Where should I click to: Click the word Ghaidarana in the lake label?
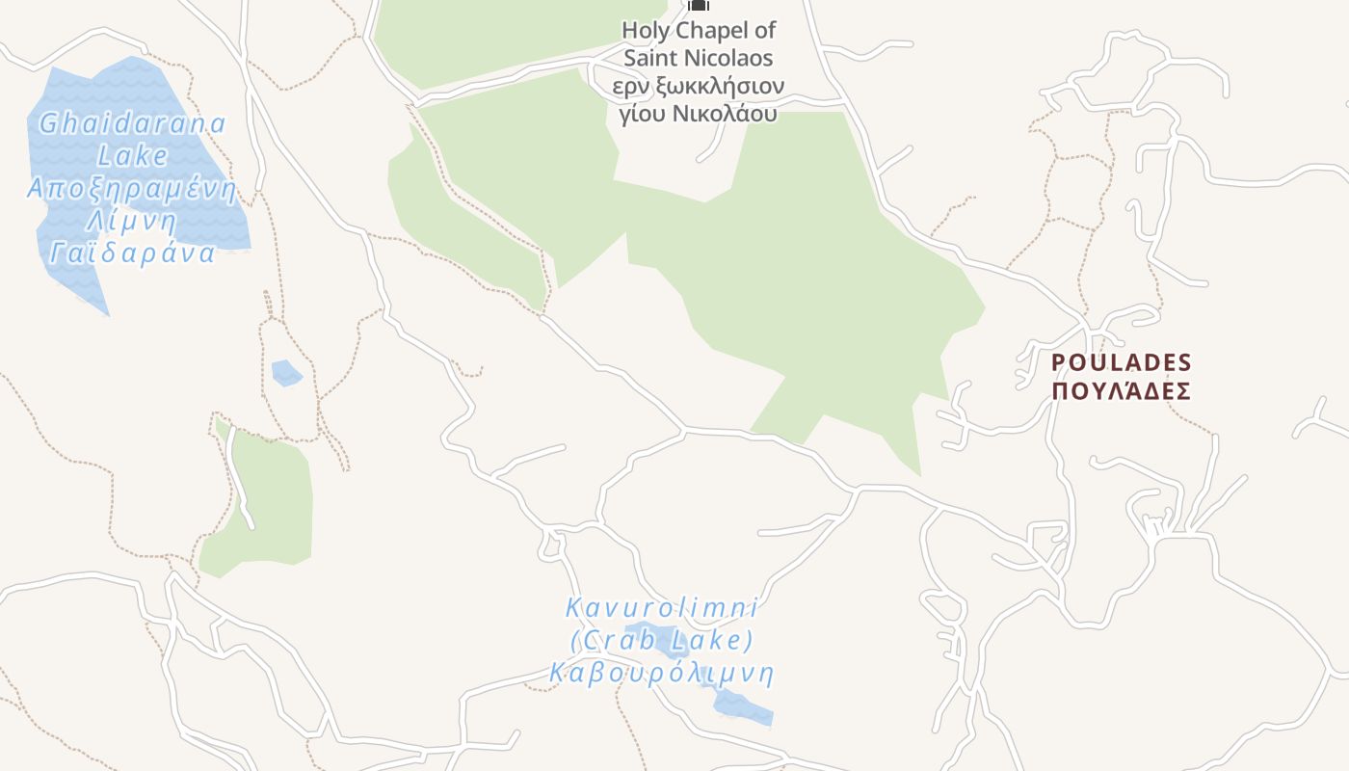[133, 124]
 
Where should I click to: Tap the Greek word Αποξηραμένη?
[131, 188]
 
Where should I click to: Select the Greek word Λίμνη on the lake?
[133, 221]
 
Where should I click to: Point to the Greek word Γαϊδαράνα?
[133, 253]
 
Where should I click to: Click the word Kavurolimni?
[661, 608]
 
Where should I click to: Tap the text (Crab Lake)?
[661, 640]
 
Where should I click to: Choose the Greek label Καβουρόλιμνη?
[661, 673]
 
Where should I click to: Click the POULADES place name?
[1122, 362]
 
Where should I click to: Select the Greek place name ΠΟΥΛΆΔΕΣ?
[1122, 391]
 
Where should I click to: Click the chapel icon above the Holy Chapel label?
[699, 5]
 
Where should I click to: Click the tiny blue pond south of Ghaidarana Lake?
[286, 372]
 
